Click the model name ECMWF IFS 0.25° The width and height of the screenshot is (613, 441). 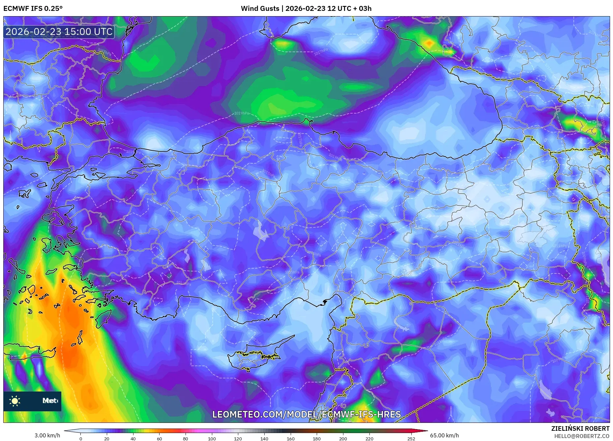33,9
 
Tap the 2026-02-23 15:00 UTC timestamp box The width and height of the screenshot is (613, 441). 59,32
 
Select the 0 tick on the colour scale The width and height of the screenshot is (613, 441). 80,439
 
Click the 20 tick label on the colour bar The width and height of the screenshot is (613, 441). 106,439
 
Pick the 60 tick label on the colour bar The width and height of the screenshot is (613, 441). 159,439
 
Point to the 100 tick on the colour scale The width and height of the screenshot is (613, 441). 212,439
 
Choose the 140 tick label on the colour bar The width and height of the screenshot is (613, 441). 264,439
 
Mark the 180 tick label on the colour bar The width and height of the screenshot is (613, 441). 316,439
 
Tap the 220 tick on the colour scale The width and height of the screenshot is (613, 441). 369,439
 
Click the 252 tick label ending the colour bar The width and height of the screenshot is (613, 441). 411,439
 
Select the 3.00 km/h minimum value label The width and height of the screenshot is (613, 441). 47,435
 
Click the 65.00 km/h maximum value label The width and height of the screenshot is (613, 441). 444,435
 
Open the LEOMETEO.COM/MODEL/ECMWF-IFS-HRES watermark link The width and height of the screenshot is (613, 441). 306,415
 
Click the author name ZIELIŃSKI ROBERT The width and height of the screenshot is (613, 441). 580,428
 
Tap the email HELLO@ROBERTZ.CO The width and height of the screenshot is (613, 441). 581,436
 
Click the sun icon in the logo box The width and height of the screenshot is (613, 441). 15,401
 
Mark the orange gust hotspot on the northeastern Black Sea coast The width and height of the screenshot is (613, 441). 429,43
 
